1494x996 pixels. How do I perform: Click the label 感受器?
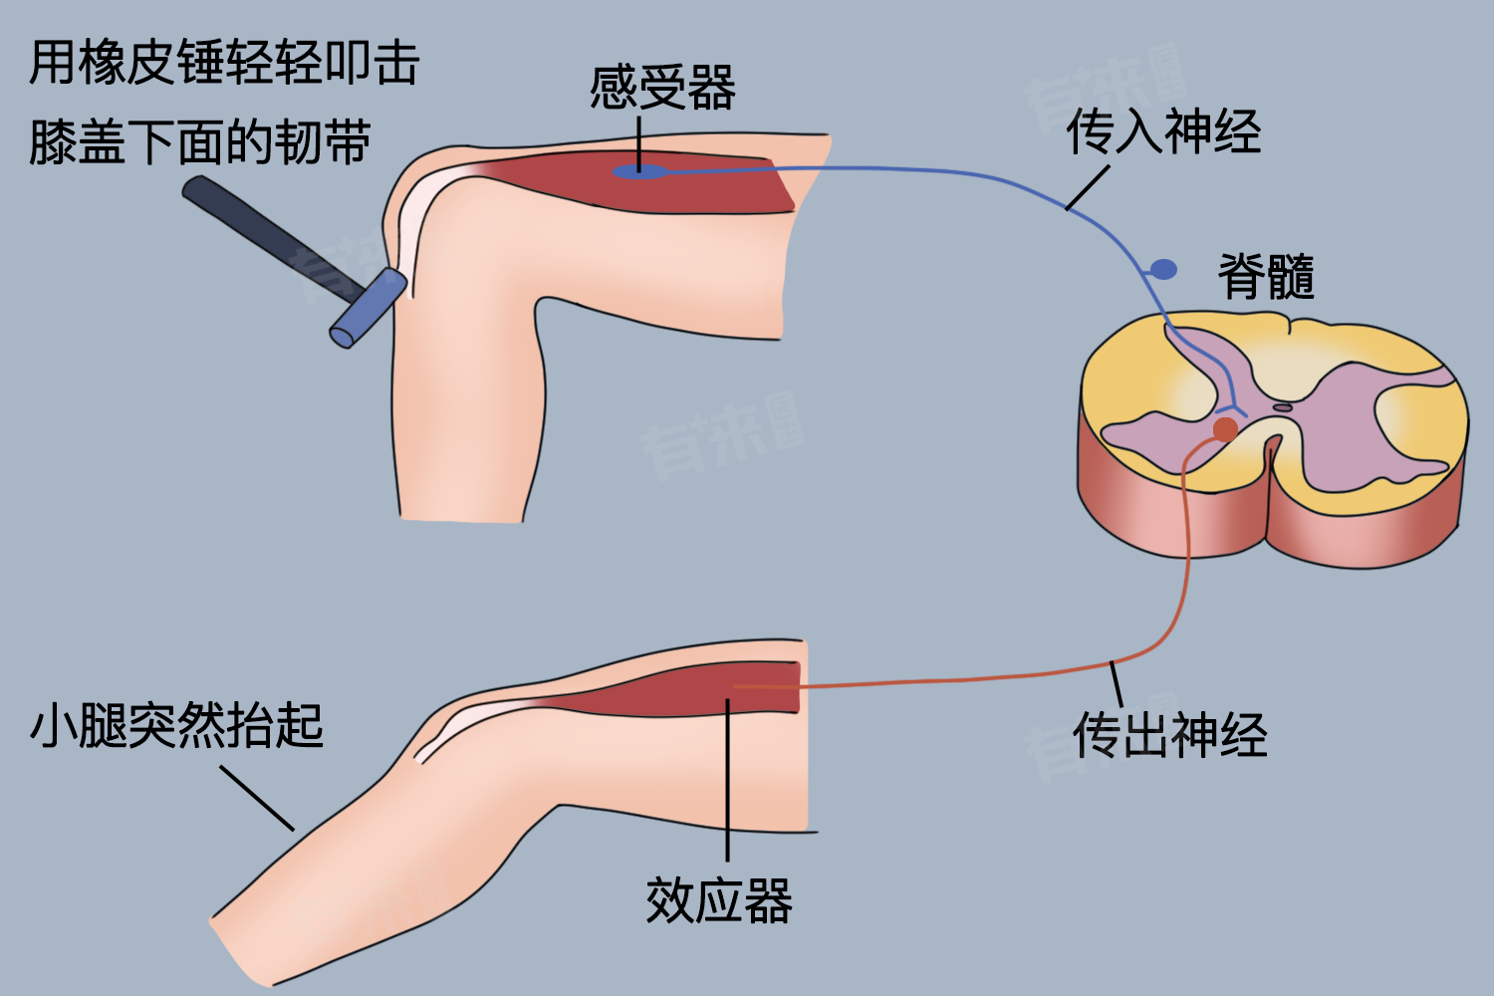tap(662, 88)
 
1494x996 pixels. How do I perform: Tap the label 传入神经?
tap(1163, 132)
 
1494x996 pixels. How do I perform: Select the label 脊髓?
tap(1266, 276)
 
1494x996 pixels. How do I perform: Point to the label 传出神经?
tap(1169, 736)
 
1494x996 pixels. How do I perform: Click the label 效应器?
tap(718, 901)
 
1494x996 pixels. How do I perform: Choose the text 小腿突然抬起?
tap(176, 725)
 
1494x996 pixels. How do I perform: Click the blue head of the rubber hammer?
tap(368, 308)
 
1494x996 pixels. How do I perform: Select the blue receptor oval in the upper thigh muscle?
tap(637, 172)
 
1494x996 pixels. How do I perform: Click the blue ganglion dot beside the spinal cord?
tap(1162, 269)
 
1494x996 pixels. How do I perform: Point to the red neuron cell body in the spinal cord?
tap(1225, 429)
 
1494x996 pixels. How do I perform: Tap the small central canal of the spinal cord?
tap(1283, 407)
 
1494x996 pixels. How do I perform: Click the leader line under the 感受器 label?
tap(638, 139)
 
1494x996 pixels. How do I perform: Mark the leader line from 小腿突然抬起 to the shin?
tap(257, 797)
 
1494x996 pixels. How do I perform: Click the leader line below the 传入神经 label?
tap(1088, 187)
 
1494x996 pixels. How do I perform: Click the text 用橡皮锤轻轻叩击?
tap(224, 63)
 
